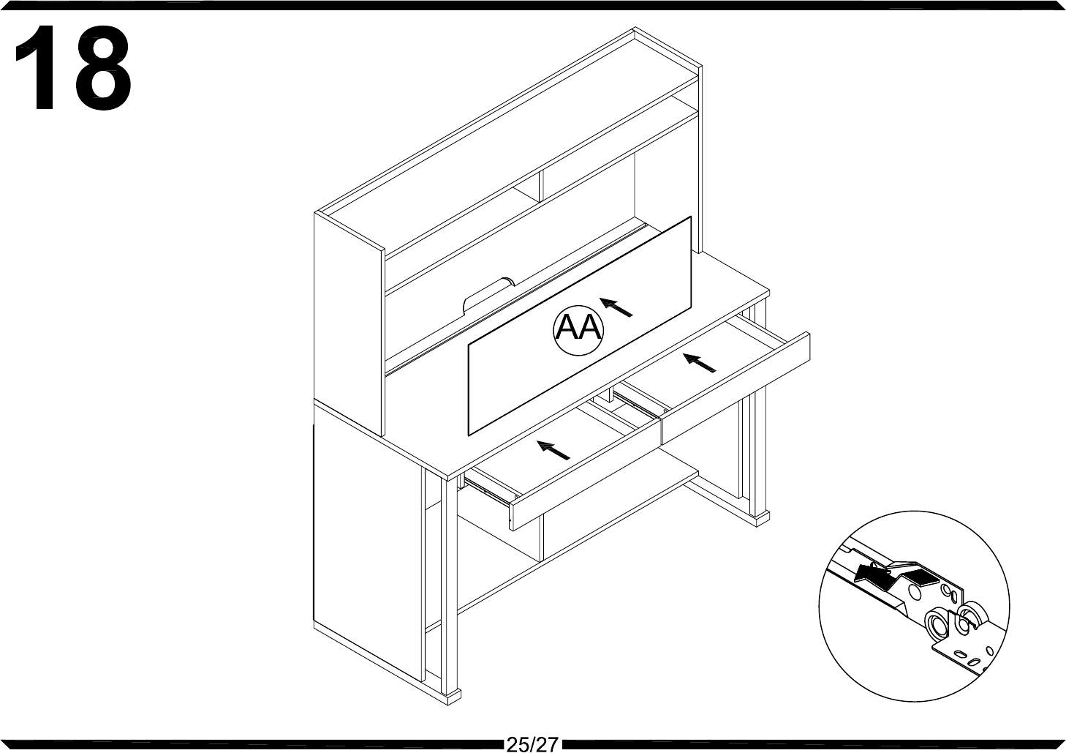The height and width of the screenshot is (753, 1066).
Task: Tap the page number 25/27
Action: pos(532,744)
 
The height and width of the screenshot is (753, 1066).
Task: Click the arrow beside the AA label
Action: pos(615,308)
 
